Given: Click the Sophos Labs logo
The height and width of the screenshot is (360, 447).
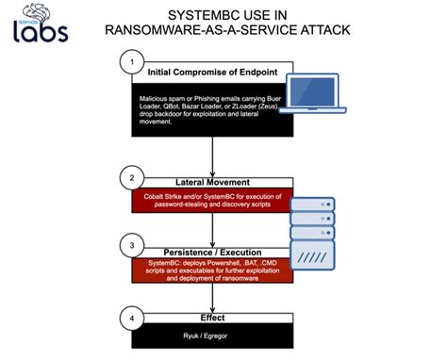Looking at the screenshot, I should click(x=41, y=26).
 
